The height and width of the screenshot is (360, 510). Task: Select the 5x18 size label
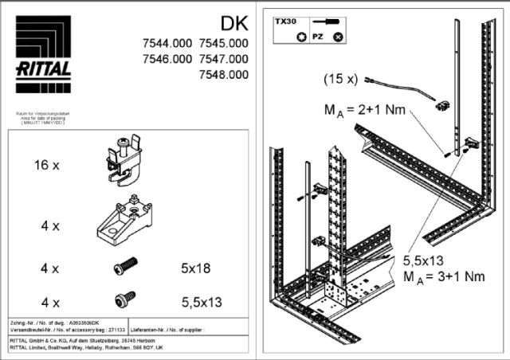coord(195,269)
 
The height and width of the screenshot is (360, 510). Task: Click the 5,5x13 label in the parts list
coord(199,302)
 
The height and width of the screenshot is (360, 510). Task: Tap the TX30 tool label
coord(285,24)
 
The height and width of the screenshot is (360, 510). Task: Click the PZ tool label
coord(317,37)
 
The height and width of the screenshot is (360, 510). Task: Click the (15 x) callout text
coord(340,80)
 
